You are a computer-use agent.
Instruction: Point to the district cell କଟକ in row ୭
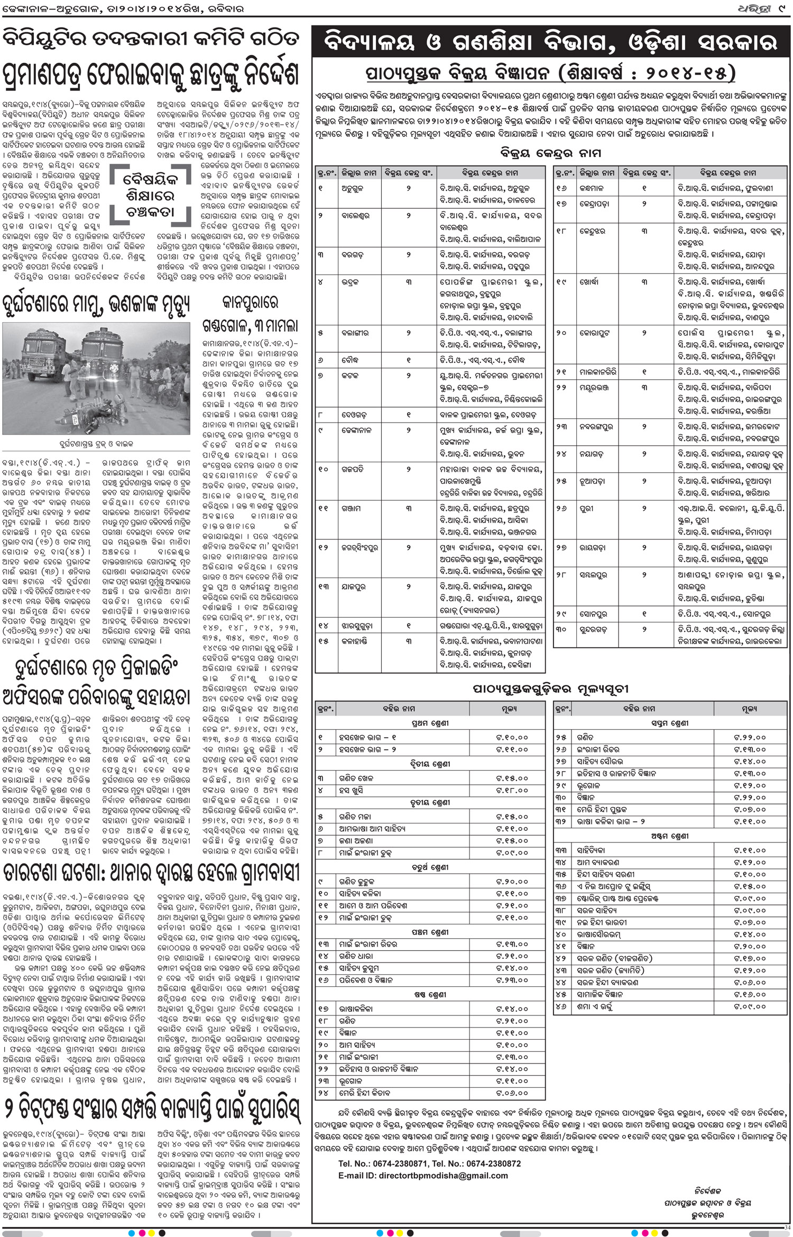(x=349, y=375)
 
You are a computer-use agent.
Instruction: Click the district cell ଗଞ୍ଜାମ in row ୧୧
(x=351, y=509)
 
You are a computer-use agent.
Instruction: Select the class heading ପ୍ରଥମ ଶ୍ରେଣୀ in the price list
(x=430, y=723)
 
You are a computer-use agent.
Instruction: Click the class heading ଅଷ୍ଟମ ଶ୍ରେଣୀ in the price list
(x=669, y=836)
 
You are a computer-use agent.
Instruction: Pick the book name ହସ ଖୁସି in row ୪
(x=351, y=791)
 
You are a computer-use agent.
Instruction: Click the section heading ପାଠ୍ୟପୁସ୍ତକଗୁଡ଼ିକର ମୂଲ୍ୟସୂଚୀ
(x=550, y=689)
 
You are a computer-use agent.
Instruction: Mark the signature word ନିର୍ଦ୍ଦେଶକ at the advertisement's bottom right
(x=708, y=1191)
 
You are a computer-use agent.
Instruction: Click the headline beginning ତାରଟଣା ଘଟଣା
(x=151, y=874)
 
